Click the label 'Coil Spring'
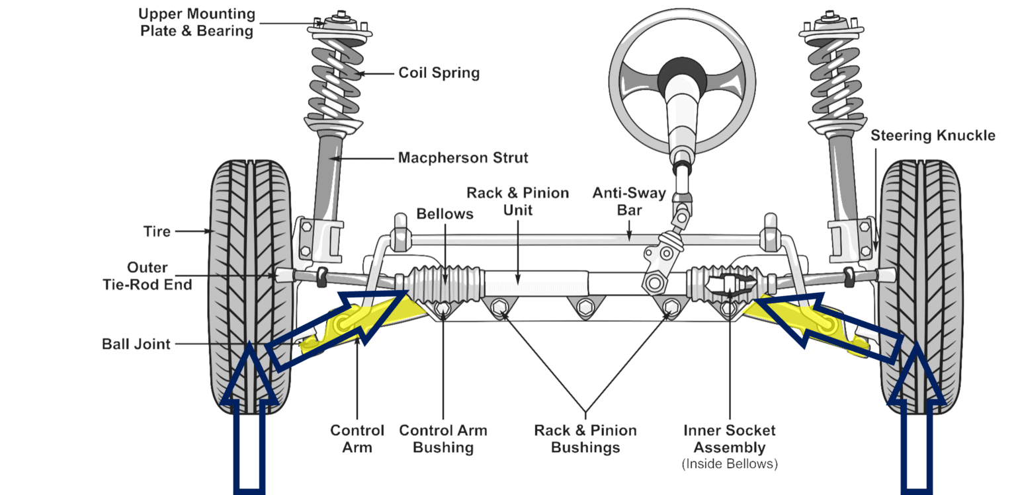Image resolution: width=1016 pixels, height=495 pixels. pos(439,73)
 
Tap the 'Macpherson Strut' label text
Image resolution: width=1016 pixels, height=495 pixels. pos(463,158)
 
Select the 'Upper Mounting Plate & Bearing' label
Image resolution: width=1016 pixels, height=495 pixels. pos(197,22)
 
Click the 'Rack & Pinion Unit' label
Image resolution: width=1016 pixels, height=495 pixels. pos(518,202)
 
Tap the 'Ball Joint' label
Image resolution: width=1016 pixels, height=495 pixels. pos(136,344)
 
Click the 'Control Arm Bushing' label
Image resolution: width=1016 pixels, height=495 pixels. pos(443,439)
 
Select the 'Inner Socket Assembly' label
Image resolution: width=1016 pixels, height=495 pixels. pos(730,439)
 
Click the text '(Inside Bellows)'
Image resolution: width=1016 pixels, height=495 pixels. pos(730,464)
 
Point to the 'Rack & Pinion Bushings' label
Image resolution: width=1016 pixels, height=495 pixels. pos(585,439)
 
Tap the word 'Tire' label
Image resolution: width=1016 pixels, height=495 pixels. pos(157,231)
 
